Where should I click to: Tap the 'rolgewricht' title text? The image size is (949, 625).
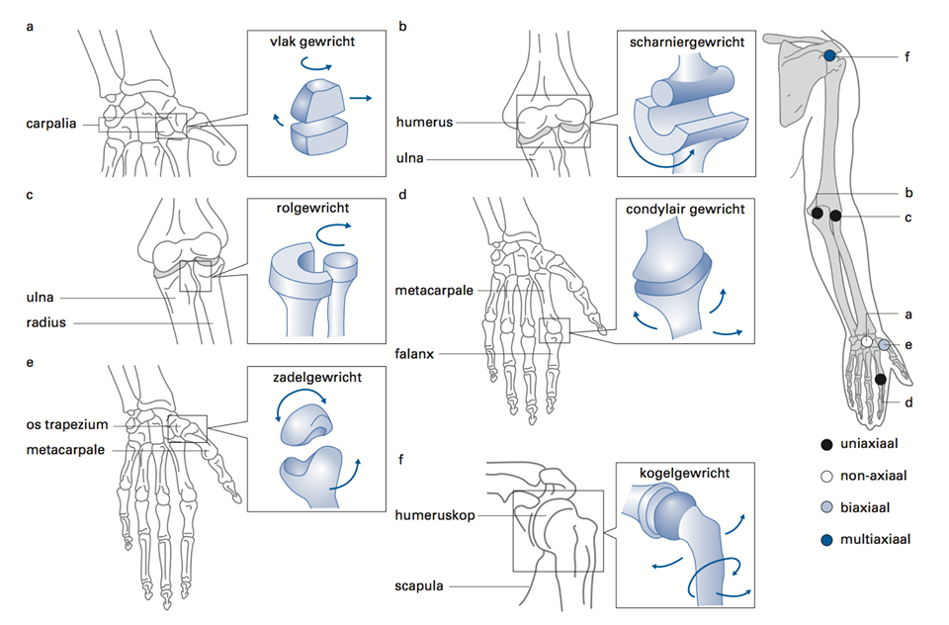[308, 209]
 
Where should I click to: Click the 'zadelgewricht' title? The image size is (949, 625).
[307, 377]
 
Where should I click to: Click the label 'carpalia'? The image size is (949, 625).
[52, 125]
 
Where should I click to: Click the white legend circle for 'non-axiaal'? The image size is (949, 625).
[824, 476]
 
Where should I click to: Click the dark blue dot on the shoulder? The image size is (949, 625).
[829, 57]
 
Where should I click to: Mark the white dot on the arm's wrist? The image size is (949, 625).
[867, 341]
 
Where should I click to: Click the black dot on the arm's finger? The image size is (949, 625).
[880, 379]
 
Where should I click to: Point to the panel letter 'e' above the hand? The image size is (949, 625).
[31, 363]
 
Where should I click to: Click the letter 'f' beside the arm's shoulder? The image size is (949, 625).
[906, 57]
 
